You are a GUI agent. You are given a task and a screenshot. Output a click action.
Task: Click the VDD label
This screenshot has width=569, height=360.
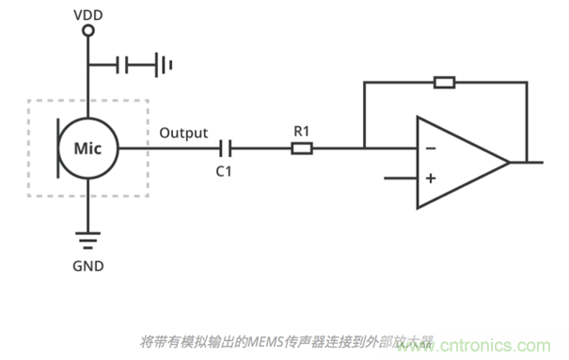[x=88, y=15]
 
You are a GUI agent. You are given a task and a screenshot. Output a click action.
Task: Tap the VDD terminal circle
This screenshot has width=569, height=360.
[x=88, y=30]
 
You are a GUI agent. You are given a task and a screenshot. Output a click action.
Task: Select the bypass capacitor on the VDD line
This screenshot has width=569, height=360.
[x=122, y=65]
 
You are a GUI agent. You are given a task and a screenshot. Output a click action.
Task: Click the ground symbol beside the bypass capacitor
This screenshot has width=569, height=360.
[x=164, y=65]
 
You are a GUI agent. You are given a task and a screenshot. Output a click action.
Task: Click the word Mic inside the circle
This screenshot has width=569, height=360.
[x=87, y=149]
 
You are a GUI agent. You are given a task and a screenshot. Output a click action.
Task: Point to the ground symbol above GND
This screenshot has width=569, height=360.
[x=87, y=241]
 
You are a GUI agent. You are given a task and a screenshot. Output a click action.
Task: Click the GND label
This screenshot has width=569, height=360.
[x=88, y=266]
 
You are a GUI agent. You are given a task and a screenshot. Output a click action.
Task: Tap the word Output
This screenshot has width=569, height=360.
[x=183, y=133]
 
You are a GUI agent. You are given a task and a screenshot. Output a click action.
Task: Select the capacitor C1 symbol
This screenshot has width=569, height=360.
[x=226, y=149]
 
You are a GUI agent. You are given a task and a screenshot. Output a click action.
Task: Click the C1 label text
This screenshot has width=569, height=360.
[x=224, y=171]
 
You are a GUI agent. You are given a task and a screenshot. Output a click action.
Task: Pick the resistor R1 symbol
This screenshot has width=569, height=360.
[x=302, y=149]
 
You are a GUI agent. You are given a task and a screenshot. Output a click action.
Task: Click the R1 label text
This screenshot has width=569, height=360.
[x=302, y=131]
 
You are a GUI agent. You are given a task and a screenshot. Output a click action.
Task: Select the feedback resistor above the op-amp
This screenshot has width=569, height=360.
[x=445, y=83]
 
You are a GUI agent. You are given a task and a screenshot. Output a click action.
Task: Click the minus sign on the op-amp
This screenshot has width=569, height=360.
[x=431, y=149]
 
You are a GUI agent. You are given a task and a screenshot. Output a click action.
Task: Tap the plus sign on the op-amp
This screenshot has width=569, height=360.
[x=431, y=178]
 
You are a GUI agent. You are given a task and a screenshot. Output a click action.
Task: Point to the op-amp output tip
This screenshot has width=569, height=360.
[x=509, y=163]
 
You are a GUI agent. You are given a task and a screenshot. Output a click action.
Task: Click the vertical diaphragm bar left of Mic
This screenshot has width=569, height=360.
[x=57, y=149]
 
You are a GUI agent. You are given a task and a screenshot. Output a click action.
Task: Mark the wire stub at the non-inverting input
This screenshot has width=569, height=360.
[x=401, y=178]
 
